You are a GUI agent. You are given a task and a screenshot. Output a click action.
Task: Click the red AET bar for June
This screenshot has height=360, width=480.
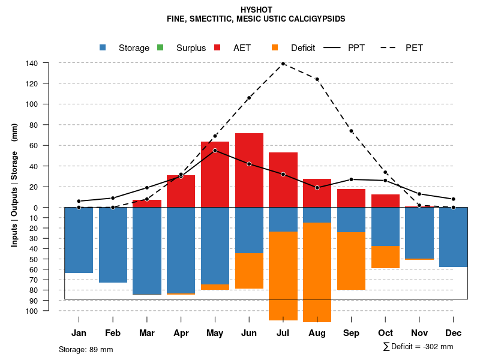(x=249, y=170)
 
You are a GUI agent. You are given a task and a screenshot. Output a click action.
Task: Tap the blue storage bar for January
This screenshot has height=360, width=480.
(x=79, y=240)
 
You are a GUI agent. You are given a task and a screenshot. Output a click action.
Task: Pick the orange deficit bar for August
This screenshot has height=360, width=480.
(x=317, y=272)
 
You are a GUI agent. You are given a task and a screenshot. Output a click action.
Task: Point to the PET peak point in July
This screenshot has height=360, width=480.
(x=283, y=63)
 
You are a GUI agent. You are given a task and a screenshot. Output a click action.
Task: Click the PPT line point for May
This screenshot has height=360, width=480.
(x=215, y=150)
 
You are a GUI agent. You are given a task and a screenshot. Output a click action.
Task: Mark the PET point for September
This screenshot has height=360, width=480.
(x=352, y=131)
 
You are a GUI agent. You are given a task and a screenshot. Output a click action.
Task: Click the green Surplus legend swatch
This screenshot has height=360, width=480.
(x=160, y=47)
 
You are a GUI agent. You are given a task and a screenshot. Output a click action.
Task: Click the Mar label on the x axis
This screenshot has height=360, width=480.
(x=147, y=333)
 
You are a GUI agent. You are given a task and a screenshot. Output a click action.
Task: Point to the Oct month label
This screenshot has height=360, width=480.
(x=386, y=333)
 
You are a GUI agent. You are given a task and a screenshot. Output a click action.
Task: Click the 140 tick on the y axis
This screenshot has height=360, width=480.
(x=32, y=63)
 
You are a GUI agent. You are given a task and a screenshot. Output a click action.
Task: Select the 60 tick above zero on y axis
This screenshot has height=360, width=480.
(x=34, y=145)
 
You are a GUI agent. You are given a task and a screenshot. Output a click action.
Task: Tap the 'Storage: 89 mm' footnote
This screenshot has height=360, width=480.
(x=86, y=349)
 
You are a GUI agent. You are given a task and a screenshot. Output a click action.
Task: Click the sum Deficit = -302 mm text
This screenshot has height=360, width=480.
(x=418, y=346)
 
